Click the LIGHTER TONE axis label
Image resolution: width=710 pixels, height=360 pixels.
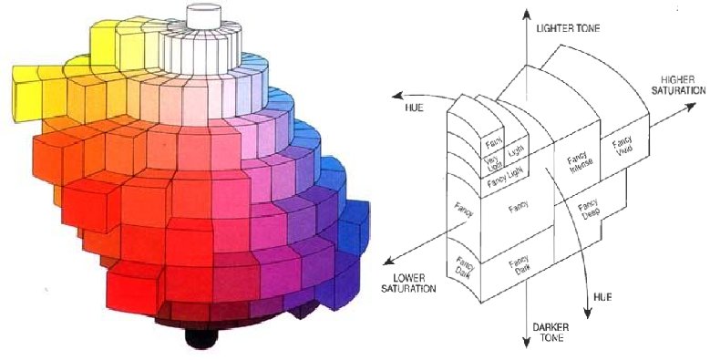tap(568, 28)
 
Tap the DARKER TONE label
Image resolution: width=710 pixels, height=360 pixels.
tap(551, 333)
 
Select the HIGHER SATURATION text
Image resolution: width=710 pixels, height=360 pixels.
tap(678, 85)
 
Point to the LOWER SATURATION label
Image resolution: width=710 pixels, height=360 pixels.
tap(408, 283)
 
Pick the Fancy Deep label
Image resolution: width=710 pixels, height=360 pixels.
tap(589, 210)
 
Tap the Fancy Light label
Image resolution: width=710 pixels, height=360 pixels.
tap(505, 178)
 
